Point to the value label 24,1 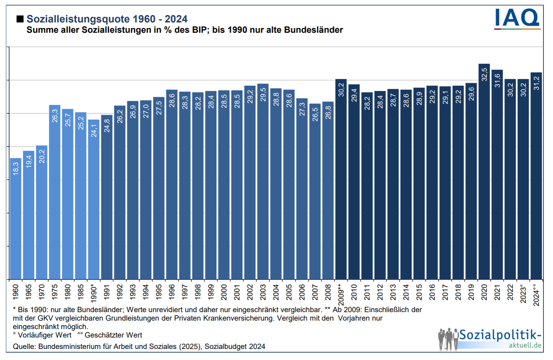[x=94, y=131]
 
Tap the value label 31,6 [x=497, y=81]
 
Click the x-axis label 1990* [x=94, y=293]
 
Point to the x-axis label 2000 [x=224, y=292]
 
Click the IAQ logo [x=517, y=19]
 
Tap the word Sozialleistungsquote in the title [x=78, y=19]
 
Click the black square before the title [x=20, y=19]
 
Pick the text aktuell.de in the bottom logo [x=525, y=345]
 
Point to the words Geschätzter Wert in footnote [x=113, y=335]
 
